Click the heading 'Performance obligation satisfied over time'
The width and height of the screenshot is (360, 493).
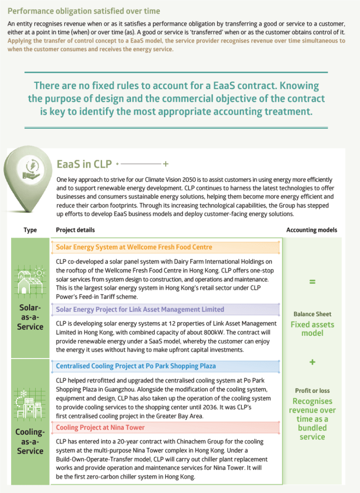tap(84, 11)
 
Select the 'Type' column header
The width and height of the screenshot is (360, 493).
tap(30, 230)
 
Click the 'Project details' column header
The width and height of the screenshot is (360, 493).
tap(75, 230)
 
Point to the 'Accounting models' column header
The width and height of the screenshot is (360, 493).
tap(312, 230)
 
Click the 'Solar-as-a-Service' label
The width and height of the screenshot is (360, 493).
tap(30, 317)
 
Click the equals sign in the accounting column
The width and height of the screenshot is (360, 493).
tap(312, 281)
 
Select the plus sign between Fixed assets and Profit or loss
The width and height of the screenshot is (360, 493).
tap(312, 362)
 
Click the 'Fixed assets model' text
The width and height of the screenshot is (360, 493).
tap(312, 329)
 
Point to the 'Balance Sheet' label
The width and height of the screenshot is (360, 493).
tap(312, 314)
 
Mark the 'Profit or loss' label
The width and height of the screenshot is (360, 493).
tap(312, 391)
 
